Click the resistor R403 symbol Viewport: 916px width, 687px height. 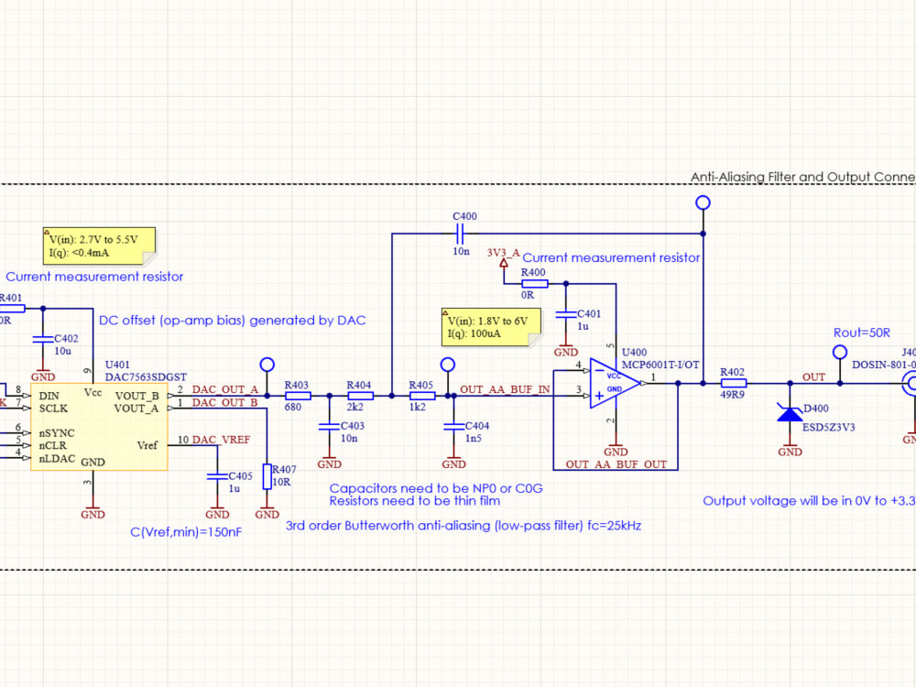(x=298, y=396)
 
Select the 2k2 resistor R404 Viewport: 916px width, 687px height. (x=360, y=396)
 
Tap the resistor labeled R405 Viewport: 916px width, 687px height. (x=420, y=396)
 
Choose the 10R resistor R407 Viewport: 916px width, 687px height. (x=267, y=476)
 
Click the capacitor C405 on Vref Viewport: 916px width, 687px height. (x=216, y=476)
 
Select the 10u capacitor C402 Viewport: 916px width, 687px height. (x=42, y=339)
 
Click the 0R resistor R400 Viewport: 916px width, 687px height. (x=534, y=284)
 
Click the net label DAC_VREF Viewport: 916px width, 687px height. (x=221, y=441)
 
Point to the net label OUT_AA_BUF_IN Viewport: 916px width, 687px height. (x=505, y=390)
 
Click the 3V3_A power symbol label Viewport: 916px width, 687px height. (x=504, y=251)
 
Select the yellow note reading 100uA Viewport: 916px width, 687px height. (x=490, y=328)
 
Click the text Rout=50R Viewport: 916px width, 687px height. (x=862, y=332)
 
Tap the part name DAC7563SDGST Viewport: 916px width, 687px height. (x=147, y=376)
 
